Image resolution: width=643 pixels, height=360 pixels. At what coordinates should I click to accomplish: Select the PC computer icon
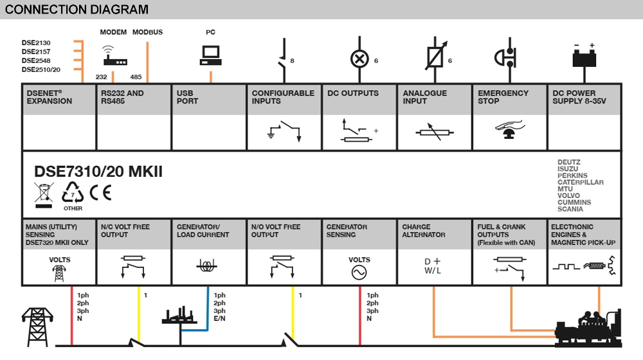tap(210, 56)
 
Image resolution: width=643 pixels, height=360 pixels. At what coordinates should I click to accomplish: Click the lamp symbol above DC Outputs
tap(358, 59)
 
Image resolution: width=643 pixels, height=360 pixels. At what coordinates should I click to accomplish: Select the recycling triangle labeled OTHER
tap(73, 194)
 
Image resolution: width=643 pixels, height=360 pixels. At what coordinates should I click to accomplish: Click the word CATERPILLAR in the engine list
tap(580, 183)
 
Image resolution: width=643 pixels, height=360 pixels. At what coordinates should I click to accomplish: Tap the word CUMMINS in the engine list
tap(574, 203)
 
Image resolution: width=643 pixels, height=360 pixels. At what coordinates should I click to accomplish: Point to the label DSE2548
tap(36, 61)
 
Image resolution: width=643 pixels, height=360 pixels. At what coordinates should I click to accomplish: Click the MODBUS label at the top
tap(147, 32)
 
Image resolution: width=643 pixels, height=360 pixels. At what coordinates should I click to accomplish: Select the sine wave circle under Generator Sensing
tap(359, 273)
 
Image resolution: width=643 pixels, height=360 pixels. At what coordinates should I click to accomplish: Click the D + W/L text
tap(433, 266)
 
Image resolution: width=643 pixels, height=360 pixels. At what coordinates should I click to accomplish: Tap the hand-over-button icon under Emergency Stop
tap(509, 130)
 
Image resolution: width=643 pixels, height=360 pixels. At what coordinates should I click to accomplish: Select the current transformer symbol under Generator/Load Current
tap(208, 265)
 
